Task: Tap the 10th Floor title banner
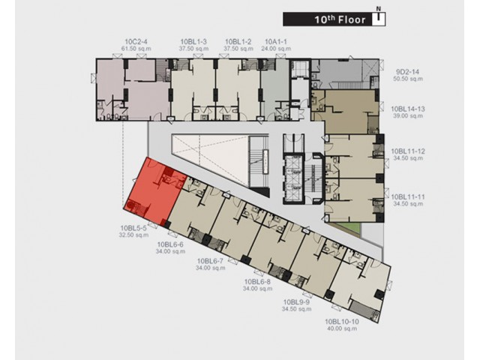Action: pyautogui.click(x=334, y=19)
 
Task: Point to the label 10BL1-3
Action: pyautogui.click(x=193, y=42)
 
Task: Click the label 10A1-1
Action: pyautogui.click(x=276, y=42)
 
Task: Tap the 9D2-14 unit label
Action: pyautogui.click(x=408, y=72)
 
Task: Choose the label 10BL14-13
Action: pyautogui.click(x=408, y=109)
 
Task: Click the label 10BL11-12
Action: pyautogui.click(x=408, y=151)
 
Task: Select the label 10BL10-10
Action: pyautogui.click(x=342, y=322)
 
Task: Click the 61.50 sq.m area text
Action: pyautogui.click(x=136, y=49)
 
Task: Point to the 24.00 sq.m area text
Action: pyautogui.click(x=276, y=49)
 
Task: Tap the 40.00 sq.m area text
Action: pyautogui.click(x=342, y=328)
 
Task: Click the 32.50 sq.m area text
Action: pyautogui.click(x=133, y=235)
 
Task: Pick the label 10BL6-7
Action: pyautogui.click(x=210, y=261)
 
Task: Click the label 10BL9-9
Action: pyautogui.click(x=296, y=302)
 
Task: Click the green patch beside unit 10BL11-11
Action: pyautogui.click(x=346, y=228)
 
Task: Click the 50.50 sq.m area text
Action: pyautogui.click(x=408, y=79)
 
